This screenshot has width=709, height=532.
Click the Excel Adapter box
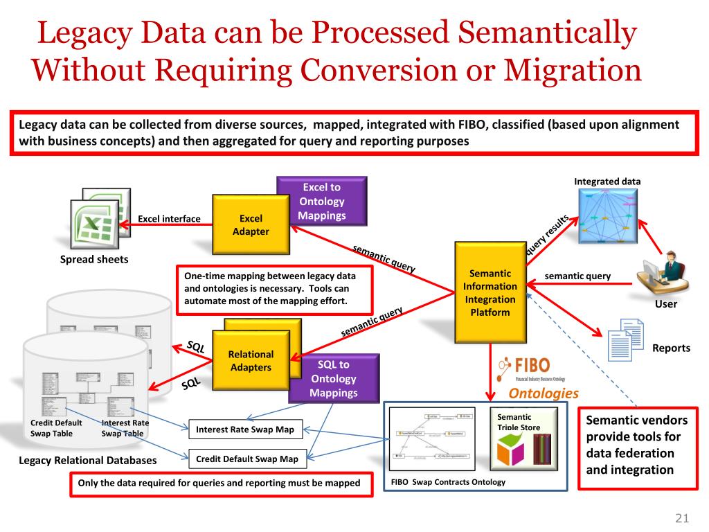click(250, 225)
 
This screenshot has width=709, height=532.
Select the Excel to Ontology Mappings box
click(322, 201)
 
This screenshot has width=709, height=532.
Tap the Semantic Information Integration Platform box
click(490, 292)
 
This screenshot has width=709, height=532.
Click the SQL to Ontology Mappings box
click(333, 378)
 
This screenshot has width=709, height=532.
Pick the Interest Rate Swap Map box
click(245, 429)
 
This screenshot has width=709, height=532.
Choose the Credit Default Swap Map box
click(246, 459)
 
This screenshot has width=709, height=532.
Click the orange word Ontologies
click(544, 393)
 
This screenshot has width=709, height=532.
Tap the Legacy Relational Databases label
click(88, 460)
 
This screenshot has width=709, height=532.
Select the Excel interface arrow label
click(169, 219)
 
